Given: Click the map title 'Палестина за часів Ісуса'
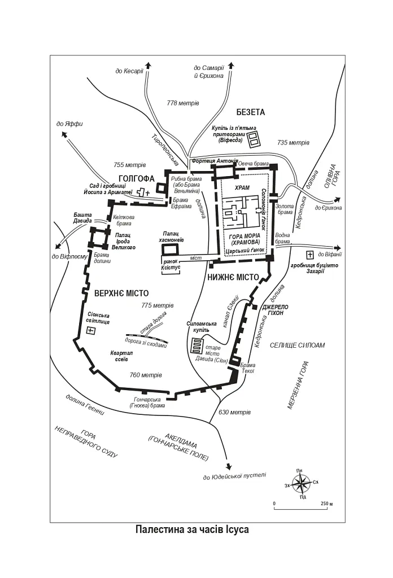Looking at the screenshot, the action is (192, 529).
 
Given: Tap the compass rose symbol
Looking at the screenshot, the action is (302, 484).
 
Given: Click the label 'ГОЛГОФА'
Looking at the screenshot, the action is (137, 179).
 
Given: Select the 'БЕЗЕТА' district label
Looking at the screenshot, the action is (251, 112).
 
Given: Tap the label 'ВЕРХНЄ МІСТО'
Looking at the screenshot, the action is (121, 294).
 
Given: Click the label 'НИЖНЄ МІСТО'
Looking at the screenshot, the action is (233, 278).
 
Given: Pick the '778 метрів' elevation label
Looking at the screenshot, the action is (183, 103).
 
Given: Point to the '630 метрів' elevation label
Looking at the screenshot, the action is (234, 411).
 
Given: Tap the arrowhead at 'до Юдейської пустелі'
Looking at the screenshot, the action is (229, 466).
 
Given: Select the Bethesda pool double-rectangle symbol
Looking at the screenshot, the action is (253, 138).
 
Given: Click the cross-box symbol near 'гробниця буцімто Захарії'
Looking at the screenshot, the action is (310, 255).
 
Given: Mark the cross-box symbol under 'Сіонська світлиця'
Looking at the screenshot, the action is (90, 331).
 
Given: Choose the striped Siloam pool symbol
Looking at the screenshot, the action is (197, 346).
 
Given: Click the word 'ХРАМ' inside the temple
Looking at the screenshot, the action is (242, 188).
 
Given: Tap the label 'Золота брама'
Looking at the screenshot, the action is (285, 209).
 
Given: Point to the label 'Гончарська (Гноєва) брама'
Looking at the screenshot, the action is (147, 402).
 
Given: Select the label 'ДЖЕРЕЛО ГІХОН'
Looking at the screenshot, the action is (275, 310).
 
